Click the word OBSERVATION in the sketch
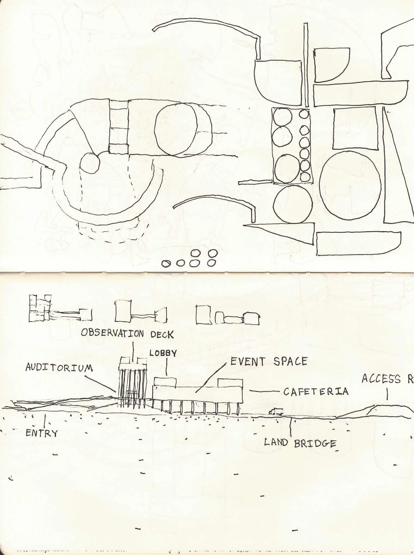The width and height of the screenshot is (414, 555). tap(112, 333)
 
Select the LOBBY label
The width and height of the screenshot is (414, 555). tap(163, 353)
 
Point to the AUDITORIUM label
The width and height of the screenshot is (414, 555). tap(59, 368)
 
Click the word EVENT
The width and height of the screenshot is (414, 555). tap(247, 362)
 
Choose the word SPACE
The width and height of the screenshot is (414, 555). tap(290, 361)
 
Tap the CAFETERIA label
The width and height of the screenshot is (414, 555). tap(316, 392)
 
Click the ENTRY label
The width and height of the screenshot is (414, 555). tap(42, 433)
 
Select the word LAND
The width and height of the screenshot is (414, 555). tap(276, 442)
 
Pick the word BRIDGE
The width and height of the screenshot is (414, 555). tap(315, 444)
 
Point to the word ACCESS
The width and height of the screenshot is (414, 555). tap(381, 379)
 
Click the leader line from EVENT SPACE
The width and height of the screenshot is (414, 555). tap(211, 378)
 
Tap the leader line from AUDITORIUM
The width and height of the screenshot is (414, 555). tap(101, 384)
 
